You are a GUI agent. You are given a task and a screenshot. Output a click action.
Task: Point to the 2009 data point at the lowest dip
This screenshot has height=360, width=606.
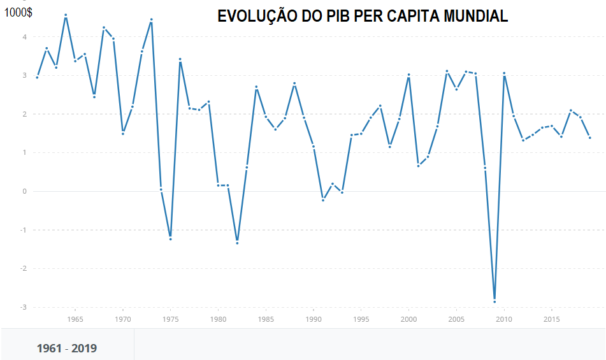click(x=494, y=301)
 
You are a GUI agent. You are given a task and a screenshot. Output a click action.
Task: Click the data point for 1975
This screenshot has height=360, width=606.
click(x=170, y=239)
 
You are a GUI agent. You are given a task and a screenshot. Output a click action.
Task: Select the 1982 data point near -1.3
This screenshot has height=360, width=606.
click(x=237, y=243)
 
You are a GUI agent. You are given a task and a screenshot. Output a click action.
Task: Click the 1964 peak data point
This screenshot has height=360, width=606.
click(x=66, y=15)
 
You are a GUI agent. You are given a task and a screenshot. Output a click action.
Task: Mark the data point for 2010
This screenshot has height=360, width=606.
click(x=504, y=73)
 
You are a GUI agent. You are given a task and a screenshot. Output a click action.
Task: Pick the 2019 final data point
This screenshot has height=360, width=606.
click(x=590, y=138)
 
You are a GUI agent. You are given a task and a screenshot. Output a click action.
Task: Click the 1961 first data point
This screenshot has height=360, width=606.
click(x=37, y=77)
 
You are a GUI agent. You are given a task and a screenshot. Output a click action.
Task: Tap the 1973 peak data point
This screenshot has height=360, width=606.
click(x=151, y=20)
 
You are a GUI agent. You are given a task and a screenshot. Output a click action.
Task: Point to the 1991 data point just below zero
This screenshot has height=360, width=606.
click(x=323, y=200)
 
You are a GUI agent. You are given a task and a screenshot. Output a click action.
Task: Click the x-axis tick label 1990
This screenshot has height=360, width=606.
click(x=314, y=319)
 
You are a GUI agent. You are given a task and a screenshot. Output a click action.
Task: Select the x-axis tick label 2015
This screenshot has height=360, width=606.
click(x=552, y=319)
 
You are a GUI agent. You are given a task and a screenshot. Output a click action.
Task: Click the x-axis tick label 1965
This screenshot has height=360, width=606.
click(x=75, y=319)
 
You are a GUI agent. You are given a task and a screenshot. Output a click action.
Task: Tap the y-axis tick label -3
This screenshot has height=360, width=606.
click(x=23, y=307)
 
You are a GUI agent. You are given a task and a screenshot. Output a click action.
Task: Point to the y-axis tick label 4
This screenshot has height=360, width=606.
click(x=24, y=37)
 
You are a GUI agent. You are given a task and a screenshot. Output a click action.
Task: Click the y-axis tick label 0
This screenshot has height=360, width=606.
click(x=24, y=191)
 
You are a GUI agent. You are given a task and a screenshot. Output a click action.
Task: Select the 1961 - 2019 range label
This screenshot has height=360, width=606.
click(x=67, y=349)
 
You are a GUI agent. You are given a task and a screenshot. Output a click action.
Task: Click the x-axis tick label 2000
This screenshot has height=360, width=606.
click(x=408, y=319)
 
